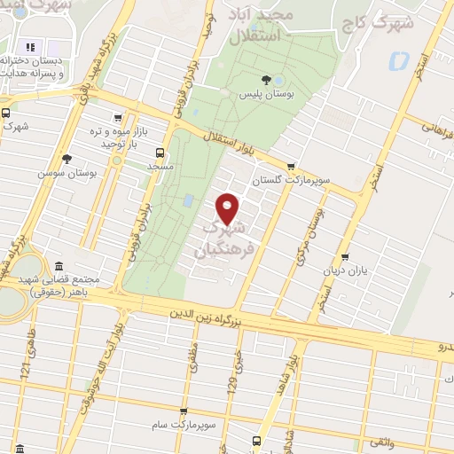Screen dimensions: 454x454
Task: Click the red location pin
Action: pyautogui.click(x=228, y=208)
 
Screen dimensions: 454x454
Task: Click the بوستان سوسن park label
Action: pyautogui.click(x=59, y=172)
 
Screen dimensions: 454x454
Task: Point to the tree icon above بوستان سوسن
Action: pyautogui.click(x=67, y=158)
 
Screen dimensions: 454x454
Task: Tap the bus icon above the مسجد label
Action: pyautogui.click(x=160, y=152)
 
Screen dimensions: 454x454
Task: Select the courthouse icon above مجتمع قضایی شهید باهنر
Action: pyautogui.click(x=59, y=266)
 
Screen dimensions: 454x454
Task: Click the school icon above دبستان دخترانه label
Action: pyautogui.click(x=30, y=47)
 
